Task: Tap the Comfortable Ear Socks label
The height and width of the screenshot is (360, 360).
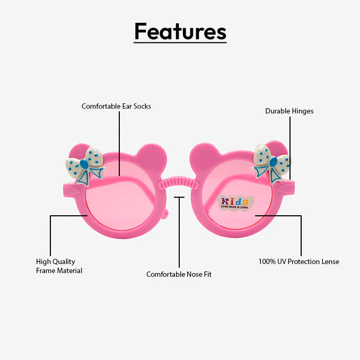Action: (116, 106)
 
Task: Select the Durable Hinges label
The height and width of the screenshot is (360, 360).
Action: (289, 111)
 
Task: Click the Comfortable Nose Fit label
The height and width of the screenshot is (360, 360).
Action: (179, 274)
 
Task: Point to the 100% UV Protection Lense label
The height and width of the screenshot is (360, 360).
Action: (298, 261)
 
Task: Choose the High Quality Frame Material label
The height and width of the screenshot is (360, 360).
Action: (59, 266)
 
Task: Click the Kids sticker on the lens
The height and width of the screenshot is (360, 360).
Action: (234, 202)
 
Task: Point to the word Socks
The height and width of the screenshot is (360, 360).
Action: (142, 106)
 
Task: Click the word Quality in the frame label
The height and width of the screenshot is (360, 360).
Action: (64, 261)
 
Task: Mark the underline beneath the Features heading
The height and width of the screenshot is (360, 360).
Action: (180, 42)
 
